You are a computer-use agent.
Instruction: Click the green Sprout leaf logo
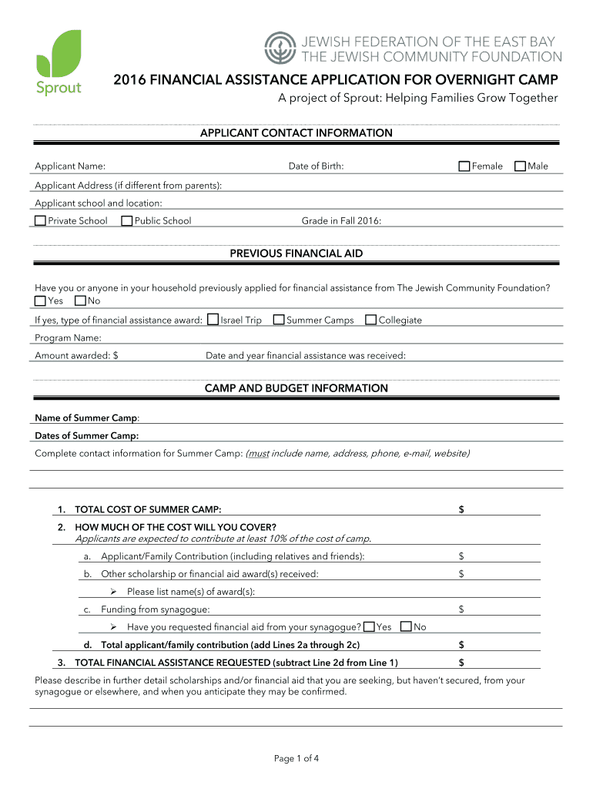[59, 52]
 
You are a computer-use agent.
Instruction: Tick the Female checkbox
[464, 166]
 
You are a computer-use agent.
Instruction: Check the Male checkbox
[520, 166]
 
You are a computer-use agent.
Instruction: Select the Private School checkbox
[40, 221]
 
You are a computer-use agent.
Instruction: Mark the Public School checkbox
[126, 221]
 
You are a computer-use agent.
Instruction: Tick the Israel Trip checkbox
[213, 320]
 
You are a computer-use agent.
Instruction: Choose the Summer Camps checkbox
[279, 320]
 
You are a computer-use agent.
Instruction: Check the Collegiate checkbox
[371, 320]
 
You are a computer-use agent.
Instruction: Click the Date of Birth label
[316, 166]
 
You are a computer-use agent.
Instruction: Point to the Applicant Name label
[70, 166]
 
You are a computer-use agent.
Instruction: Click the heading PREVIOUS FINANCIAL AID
[296, 253]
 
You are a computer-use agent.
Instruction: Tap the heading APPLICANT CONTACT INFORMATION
[296, 133]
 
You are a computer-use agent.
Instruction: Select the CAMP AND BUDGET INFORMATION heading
[296, 388]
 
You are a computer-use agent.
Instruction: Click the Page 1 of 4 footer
[296, 759]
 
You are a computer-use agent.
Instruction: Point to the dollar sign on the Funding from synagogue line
[461, 609]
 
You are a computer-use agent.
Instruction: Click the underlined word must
[258, 453]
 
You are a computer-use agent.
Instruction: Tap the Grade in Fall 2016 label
[341, 221]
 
